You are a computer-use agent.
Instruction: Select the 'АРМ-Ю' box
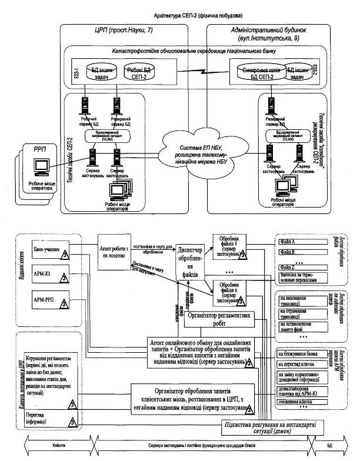coord(49,274)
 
